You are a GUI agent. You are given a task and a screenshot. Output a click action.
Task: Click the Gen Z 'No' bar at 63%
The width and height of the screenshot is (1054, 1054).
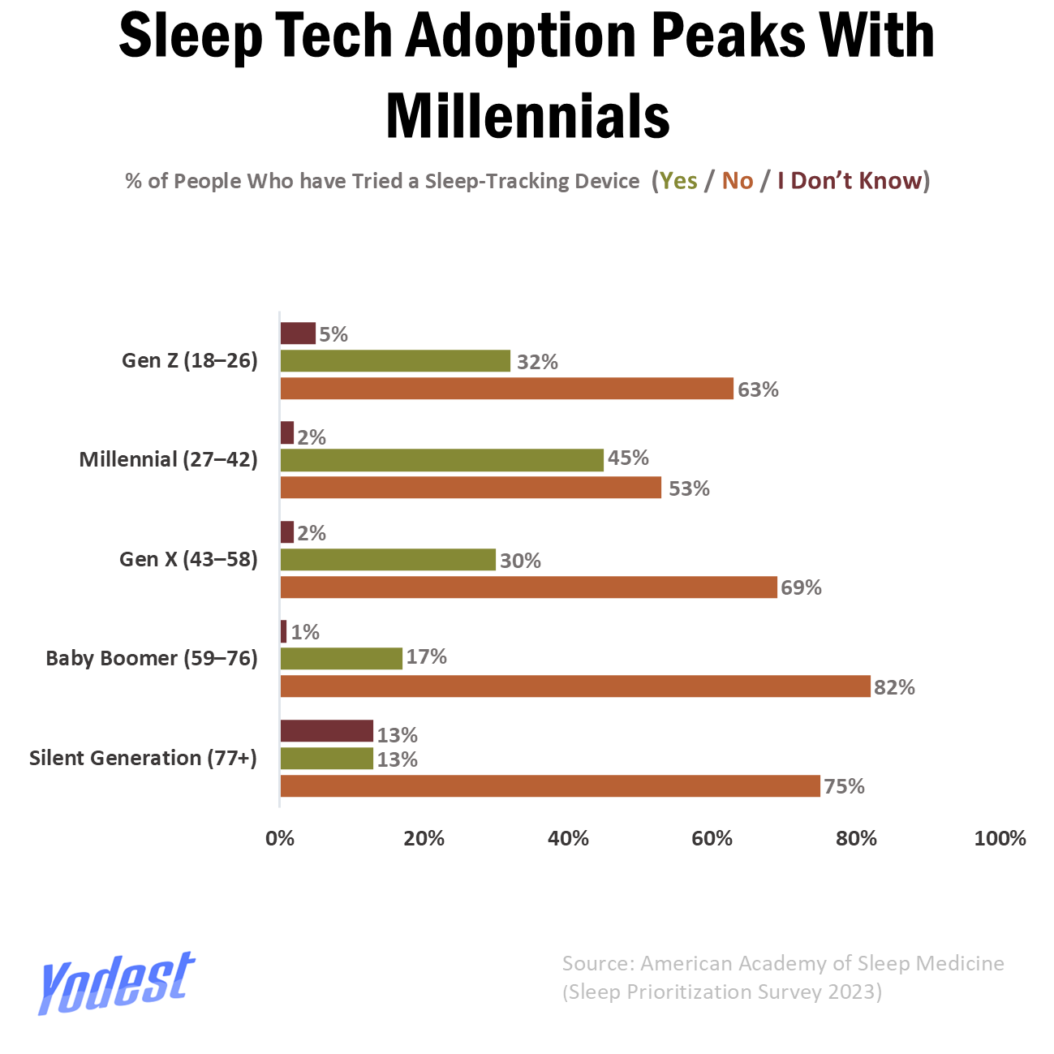(506, 389)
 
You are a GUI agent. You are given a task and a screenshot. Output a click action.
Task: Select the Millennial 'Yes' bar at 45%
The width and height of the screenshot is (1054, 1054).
(441, 460)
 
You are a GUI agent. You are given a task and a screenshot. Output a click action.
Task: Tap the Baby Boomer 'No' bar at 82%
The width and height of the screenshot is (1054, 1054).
(574, 686)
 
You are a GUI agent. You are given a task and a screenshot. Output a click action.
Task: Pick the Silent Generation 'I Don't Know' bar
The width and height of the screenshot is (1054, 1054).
(326, 731)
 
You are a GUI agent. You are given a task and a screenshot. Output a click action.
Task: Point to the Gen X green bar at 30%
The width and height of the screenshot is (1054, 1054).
(387, 560)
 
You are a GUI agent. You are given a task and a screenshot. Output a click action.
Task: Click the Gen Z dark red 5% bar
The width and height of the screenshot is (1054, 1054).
(298, 333)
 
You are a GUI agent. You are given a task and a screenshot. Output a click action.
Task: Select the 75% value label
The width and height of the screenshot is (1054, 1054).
(844, 786)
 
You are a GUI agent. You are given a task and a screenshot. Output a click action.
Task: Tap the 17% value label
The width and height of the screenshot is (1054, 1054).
(427, 656)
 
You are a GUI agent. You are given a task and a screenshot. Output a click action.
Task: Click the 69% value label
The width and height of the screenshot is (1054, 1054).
(801, 587)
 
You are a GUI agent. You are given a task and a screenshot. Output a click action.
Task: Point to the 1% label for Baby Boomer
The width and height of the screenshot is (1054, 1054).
(305, 632)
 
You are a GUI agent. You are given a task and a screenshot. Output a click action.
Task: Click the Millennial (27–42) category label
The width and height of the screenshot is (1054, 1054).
(168, 460)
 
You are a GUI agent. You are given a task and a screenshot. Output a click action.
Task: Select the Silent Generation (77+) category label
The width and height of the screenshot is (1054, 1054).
(143, 758)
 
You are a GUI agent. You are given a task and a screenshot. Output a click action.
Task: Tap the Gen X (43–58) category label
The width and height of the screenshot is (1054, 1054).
(188, 559)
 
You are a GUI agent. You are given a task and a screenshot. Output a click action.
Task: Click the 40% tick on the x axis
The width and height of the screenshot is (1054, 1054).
(568, 839)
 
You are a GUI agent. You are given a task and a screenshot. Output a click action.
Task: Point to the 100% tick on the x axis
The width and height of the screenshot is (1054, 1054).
(1000, 839)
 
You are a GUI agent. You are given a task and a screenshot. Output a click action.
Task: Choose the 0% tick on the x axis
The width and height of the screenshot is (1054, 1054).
(280, 839)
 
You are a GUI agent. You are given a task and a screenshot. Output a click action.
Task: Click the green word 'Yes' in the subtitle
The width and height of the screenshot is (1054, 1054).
(678, 181)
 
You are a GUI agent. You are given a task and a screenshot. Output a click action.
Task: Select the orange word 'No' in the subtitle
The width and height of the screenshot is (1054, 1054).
(738, 181)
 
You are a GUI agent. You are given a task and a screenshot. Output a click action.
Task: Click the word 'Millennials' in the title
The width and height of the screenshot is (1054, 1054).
(527, 115)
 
